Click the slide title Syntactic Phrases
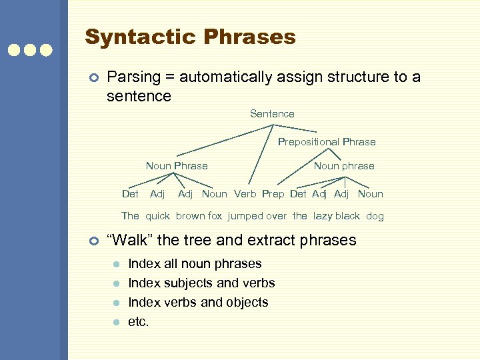coord(190,37)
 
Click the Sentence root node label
coord(272,114)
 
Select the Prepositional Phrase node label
coord(327,142)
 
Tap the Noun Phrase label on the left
coord(177,166)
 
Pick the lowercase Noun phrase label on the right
coord(344,166)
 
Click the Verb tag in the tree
coord(245,194)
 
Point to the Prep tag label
coord(273,194)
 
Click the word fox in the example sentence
coord(216,216)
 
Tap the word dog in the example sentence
coord(375,216)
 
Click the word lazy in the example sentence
coord(323,216)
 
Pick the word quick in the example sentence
coord(158,216)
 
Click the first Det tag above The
coord(131,194)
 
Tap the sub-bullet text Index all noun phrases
coord(195,264)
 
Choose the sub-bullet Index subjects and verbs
coord(201,283)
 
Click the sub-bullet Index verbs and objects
coord(198,303)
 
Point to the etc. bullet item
coord(139,322)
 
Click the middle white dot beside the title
coord(30,50)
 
